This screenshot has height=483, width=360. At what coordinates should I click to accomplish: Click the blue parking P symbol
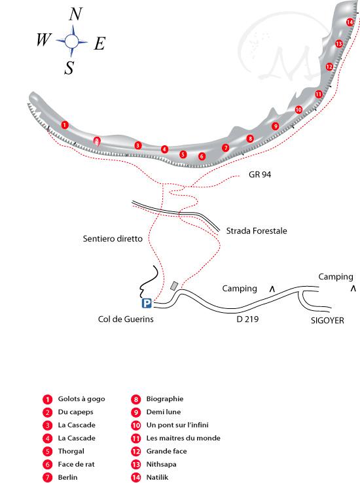(147, 303)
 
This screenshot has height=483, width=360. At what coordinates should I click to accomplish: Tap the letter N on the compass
(75, 14)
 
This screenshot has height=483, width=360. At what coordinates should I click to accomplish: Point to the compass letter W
(43, 39)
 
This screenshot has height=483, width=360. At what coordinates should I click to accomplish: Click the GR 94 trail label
(260, 175)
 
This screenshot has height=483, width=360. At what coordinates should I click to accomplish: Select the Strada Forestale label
(257, 231)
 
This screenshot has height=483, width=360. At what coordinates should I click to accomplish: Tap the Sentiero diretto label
(113, 239)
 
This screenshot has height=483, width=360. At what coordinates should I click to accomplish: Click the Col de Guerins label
(126, 319)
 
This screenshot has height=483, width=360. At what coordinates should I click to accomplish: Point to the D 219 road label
(247, 319)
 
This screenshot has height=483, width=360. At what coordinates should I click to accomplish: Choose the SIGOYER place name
(327, 320)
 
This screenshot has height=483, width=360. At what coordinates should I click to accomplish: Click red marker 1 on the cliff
(64, 125)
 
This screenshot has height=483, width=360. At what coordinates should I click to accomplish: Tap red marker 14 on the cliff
(350, 22)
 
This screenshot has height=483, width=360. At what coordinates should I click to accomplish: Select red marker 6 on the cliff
(202, 156)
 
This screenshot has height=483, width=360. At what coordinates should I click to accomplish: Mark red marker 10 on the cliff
(298, 109)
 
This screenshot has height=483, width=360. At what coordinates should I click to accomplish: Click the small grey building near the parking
(174, 286)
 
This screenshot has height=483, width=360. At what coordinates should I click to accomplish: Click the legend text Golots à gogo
(81, 399)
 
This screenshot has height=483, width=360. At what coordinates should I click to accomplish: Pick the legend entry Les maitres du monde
(183, 438)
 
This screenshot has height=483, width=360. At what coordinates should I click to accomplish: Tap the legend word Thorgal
(71, 452)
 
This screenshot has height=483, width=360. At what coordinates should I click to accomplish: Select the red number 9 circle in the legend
(135, 412)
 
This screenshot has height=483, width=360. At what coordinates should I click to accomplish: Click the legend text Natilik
(157, 478)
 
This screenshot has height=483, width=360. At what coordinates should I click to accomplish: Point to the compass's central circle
(72, 41)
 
